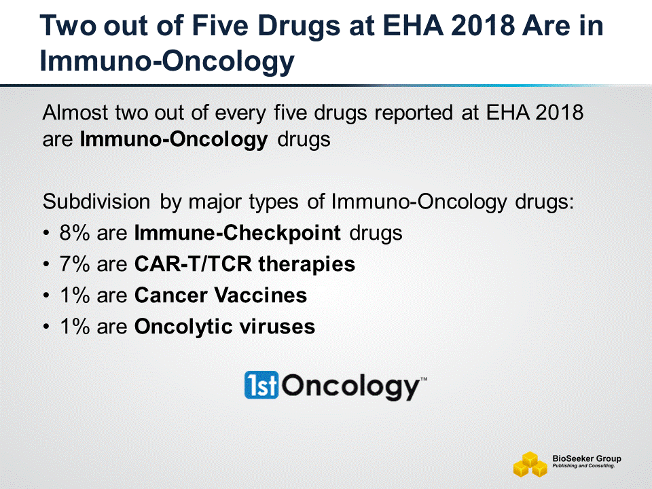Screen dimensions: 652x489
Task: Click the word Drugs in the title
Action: pos(300,27)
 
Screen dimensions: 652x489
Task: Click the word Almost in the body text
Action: pos(75,113)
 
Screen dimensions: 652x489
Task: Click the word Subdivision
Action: pos(96,202)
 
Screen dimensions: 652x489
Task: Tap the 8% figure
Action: pos(75,232)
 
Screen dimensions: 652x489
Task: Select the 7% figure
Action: pos(75,264)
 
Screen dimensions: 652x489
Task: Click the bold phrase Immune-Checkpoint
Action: pos(238,233)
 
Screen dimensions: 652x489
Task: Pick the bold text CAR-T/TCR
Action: pos(193,264)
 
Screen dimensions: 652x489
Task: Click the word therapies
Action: pos(307,265)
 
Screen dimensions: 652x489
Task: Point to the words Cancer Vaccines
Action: pos(221,295)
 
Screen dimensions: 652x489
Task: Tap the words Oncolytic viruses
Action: pos(225,327)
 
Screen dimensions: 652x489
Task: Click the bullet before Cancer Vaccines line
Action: pos(46,295)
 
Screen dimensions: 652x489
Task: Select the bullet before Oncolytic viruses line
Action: pos(46,327)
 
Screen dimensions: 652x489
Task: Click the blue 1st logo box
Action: pos(261,384)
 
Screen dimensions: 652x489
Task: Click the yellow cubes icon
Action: pos(530,465)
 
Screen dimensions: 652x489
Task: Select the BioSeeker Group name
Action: pos(587,458)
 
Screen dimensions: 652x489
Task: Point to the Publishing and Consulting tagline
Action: pos(584,466)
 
